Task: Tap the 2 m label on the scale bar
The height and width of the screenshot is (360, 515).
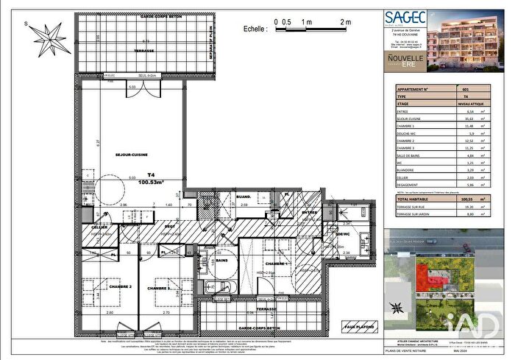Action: [343, 22]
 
